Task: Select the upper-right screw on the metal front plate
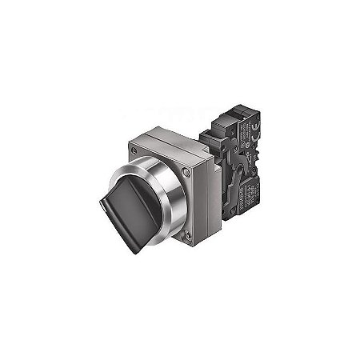tap(186, 170)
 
